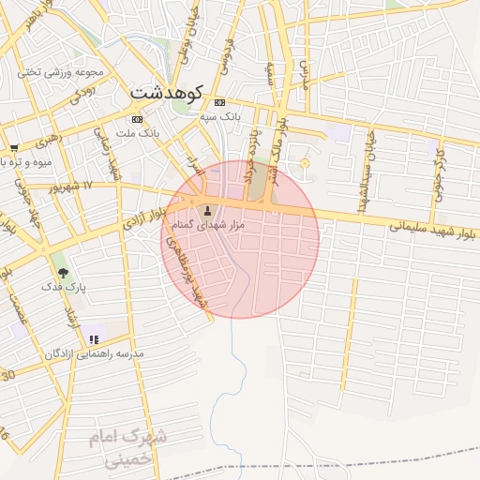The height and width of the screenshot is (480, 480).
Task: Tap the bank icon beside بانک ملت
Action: tap(138, 119)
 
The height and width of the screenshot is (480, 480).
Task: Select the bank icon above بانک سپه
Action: tap(219, 102)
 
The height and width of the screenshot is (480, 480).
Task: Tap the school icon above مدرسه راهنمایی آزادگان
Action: tap(94, 339)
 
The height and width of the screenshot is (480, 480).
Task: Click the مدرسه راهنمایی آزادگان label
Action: tap(94, 353)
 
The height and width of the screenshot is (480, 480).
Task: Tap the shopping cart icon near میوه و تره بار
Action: tap(14, 147)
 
